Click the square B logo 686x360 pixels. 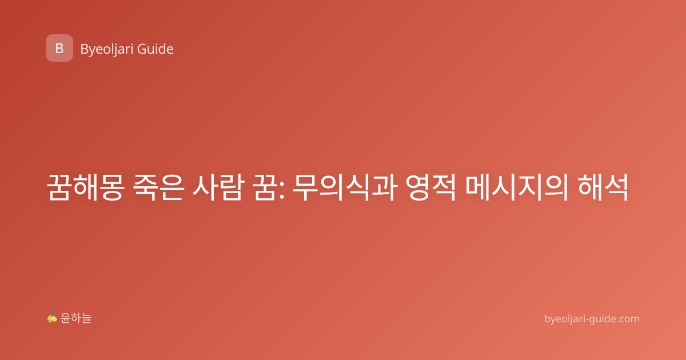[x=59, y=48]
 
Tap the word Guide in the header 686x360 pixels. [x=155, y=49]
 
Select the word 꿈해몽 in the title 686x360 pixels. [x=86, y=187]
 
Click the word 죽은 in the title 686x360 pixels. [x=159, y=187]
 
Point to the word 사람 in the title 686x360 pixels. [x=218, y=187]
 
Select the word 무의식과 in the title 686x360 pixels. [x=345, y=187]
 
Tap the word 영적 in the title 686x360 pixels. [x=431, y=187]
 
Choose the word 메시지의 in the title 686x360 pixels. [x=517, y=187]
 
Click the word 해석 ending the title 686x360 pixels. [x=603, y=187]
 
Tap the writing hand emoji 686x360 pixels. [x=52, y=318]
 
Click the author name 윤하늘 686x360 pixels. [x=75, y=318]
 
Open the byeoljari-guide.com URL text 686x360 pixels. [x=592, y=319]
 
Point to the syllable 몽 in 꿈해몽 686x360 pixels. [x=112, y=187]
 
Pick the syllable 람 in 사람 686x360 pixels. [x=232, y=187]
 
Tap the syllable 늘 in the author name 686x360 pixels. [x=86, y=318]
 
